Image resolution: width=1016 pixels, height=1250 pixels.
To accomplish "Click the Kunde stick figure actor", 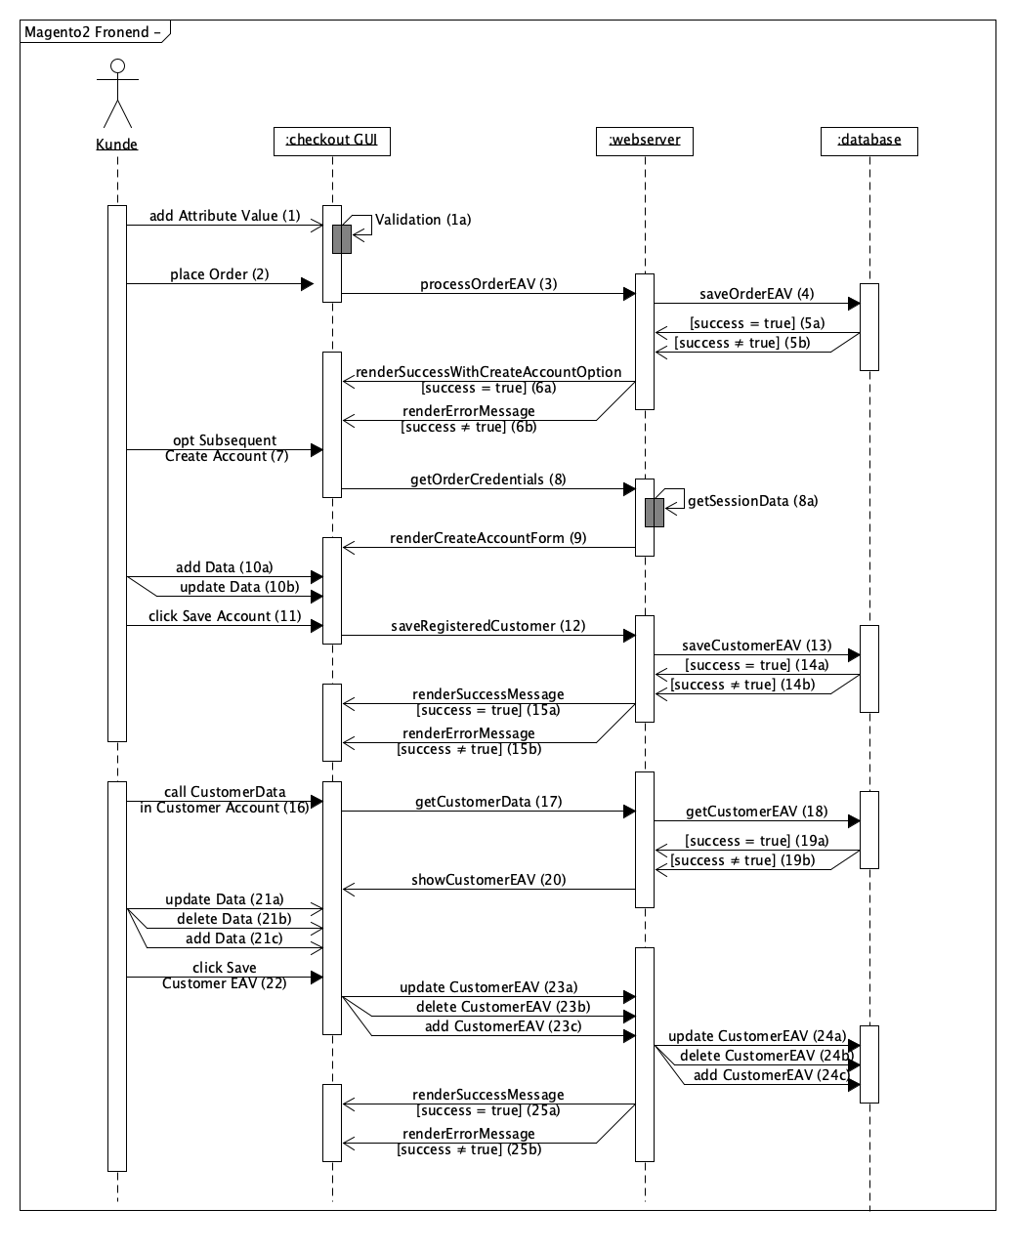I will (x=117, y=95).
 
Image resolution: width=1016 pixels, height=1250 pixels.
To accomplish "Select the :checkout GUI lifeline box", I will (x=332, y=141).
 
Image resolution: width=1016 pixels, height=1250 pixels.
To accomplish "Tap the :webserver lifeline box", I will (x=645, y=141).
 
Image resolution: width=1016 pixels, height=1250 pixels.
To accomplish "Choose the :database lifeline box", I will (x=869, y=141).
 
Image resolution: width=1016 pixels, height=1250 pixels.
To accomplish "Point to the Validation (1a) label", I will (x=423, y=220).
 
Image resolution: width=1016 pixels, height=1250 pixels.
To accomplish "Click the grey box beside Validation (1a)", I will (x=342, y=239).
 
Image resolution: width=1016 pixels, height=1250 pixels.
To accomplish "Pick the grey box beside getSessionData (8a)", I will (x=655, y=513).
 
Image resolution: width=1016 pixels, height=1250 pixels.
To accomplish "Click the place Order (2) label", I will (x=219, y=274).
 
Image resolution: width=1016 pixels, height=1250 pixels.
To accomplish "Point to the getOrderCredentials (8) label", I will (x=487, y=479).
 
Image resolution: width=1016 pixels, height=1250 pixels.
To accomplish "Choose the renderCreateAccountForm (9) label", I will (x=487, y=538).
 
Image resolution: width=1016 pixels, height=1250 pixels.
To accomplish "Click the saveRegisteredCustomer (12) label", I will (x=487, y=626).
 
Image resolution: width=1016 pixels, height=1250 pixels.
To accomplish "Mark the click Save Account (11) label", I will (x=224, y=616).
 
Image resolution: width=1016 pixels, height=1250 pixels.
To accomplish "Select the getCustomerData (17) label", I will (x=487, y=802).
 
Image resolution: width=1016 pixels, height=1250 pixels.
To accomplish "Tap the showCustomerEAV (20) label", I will (x=487, y=880).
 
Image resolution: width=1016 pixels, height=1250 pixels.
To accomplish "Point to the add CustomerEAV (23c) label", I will (x=503, y=1026).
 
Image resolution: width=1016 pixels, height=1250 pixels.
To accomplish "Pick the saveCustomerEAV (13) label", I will (x=757, y=646).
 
